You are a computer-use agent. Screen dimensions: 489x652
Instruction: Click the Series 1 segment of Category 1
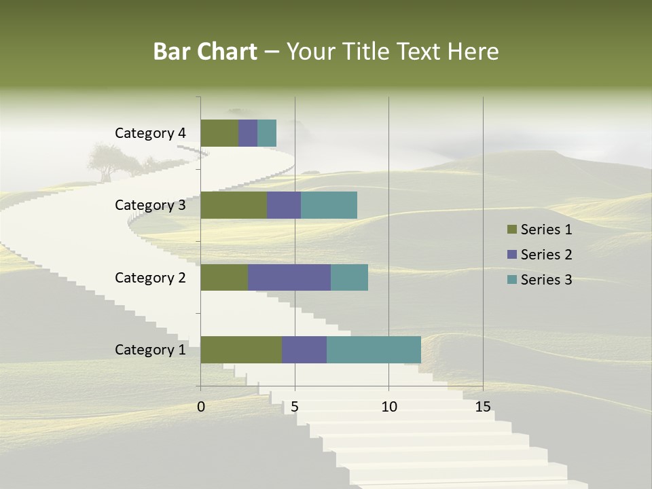[241, 349]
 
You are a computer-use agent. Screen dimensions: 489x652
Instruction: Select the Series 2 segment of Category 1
[304, 349]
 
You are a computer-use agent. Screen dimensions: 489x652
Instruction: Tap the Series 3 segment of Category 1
[374, 349]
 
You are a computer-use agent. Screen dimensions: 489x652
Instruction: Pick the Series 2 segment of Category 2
[289, 277]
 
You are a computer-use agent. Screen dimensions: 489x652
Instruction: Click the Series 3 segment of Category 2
[349, 277]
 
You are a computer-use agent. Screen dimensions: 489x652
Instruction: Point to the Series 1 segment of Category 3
[234, 205]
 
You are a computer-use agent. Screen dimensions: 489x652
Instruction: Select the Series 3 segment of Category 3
[329, 205]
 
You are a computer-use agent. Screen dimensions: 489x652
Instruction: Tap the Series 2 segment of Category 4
[248, 133]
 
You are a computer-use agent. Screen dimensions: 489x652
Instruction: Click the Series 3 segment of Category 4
[267, 133]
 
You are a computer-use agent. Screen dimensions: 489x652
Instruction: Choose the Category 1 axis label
[150, 350]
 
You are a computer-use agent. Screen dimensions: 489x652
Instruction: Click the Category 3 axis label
[150, 205]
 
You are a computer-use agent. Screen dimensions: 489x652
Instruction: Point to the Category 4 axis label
[150, 133]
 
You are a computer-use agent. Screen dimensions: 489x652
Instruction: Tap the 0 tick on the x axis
[201, 407]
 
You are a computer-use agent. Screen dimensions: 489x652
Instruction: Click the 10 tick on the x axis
[388, 407]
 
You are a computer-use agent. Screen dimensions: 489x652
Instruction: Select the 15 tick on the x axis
[483, 407]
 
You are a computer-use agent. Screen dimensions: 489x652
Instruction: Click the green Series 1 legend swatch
[511, 230]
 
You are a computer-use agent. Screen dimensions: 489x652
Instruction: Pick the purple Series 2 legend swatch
[511, 255]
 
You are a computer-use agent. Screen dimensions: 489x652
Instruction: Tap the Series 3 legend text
[546, 280]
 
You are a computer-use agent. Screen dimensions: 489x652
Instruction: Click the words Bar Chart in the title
[204, 52]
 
